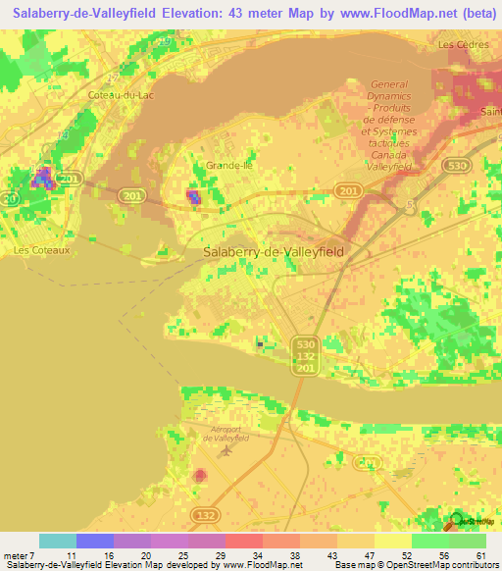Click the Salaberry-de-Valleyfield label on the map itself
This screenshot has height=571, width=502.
click(273, 252)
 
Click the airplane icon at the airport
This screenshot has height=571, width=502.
click(227, 451)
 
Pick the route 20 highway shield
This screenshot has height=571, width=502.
click(11, 199)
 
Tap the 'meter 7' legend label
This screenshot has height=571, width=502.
click(16, 554)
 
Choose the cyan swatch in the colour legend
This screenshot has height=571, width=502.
click(58, 541)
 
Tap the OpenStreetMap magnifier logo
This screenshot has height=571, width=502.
click(455, 521)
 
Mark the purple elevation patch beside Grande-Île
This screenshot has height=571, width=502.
click(193, 196)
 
